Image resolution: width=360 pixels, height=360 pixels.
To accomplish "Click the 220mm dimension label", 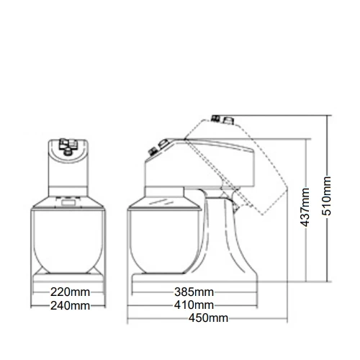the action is click(x=70, y=292).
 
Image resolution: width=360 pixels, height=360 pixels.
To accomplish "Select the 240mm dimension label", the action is click(x=70, y=306).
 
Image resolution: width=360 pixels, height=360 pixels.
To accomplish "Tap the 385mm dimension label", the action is click(x=194, y=292).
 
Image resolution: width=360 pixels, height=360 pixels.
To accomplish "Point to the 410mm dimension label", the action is click(x=194, y=305).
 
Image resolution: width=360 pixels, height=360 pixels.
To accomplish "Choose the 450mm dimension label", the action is click(x=208, y=318).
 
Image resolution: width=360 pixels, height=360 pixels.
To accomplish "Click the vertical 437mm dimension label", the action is click(x=305, y=207).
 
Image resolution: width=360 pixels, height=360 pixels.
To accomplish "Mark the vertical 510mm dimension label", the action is click(x=326, y=196).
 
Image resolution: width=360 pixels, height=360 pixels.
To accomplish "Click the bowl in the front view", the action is click(x=68, y=241).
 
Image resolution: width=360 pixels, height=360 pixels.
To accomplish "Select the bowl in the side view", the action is click(x=165, y=241).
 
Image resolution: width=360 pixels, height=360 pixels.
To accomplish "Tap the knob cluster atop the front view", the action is click(x=68, y=146).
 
